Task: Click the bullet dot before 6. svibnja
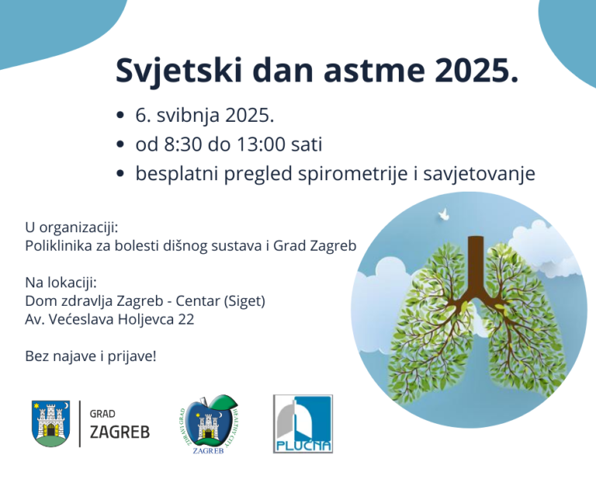coord(120,116)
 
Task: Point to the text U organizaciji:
coord(71,227)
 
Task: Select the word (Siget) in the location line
coord(253,300)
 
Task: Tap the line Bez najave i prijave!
coord(91,357)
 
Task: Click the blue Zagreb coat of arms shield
coord(50,424)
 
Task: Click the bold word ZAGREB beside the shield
coord(120,432)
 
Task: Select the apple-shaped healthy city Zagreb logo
coord(207,425)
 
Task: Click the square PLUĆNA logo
coord(303,424)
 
